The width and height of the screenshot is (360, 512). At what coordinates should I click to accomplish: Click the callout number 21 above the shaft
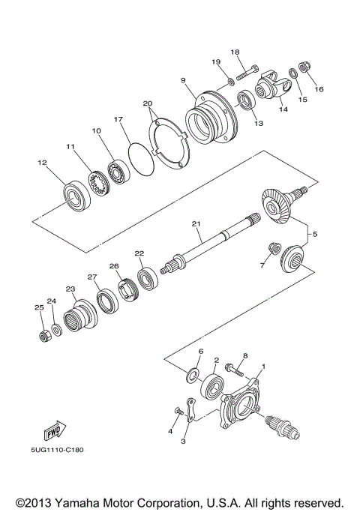196,223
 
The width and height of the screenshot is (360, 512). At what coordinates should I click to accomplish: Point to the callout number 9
181,79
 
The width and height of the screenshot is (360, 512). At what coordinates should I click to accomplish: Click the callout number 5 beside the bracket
314,234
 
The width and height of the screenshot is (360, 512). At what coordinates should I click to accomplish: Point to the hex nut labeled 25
43,333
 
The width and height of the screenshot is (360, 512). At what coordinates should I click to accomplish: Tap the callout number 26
114,265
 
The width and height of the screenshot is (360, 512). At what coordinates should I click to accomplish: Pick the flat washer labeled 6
193,373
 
